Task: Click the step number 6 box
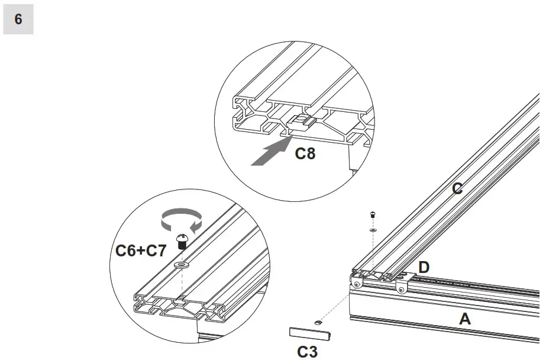(x=18, y=20)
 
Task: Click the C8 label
(x=305, y=154)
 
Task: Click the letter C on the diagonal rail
(x=457, y=189)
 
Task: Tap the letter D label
(x=424, y=267)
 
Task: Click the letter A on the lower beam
(x=465, y=319)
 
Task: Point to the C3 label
(x=307, y=352)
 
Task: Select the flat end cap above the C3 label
(x=304, y=332)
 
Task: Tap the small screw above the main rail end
(x=373, y=214)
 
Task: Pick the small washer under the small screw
(x=373, y=229)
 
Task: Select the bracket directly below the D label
(x=402, y=286)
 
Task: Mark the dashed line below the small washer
(x=373, y=249)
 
